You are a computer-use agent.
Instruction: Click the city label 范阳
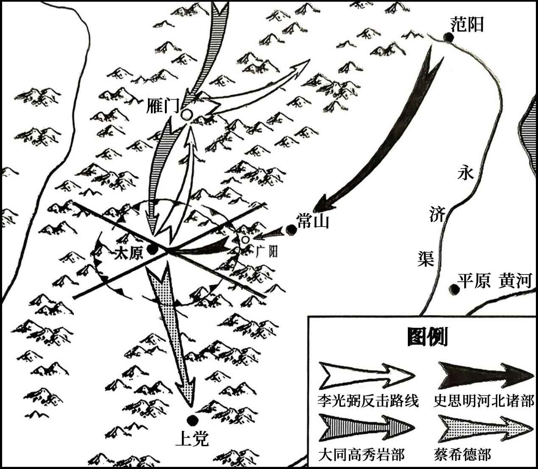coord(467,25)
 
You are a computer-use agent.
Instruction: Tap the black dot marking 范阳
coord(449,38)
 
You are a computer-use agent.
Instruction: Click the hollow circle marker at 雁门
coord(187,115)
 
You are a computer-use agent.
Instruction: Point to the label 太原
coord(129,253)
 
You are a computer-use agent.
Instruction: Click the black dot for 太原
coord(152,250)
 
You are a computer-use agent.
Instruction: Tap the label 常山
coord(312,220)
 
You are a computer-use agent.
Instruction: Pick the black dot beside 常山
coord(291,230)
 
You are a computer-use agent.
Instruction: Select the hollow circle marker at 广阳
coord(245,240)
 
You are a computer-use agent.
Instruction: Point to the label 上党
coord(192,438)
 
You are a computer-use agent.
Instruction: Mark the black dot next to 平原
coord(454,289)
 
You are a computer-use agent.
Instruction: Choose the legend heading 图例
coord(427,337)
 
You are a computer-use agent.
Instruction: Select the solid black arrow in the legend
coord(486,375)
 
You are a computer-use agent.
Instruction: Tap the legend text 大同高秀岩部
coord(361,454)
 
